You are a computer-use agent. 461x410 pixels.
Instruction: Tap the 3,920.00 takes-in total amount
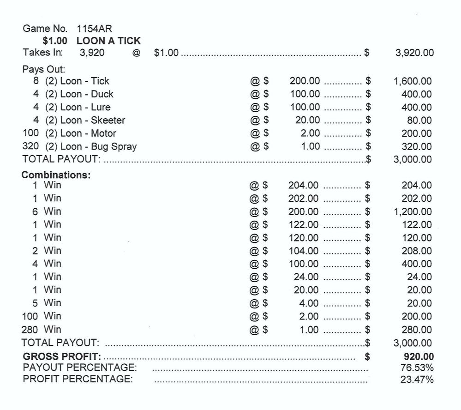[x=414, y=53]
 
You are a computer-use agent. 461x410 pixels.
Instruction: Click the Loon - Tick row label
[x=85, y=81]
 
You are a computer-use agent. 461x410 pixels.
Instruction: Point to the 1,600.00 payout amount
[x=413, y=81]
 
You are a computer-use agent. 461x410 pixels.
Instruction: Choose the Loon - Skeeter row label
[x=93, y=121]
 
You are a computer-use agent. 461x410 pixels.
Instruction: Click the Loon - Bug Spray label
[x=98, y=147]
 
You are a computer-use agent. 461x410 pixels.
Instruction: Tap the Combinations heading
[x=57, y=175]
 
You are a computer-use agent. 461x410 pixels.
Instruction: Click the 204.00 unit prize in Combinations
[x=303, y=186]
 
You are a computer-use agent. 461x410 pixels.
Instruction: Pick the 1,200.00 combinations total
[x=413, y=212]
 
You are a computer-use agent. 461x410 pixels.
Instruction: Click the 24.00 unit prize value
[x=306, y=277]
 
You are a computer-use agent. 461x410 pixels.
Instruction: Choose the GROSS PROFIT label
[x=62, y=357]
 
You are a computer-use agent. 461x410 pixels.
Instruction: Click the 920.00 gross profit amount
[x=419, y=357]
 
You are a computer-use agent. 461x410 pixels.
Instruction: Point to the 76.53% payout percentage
[x=417, y=368]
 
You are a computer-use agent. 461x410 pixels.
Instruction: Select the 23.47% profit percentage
[x=417, y=380]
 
